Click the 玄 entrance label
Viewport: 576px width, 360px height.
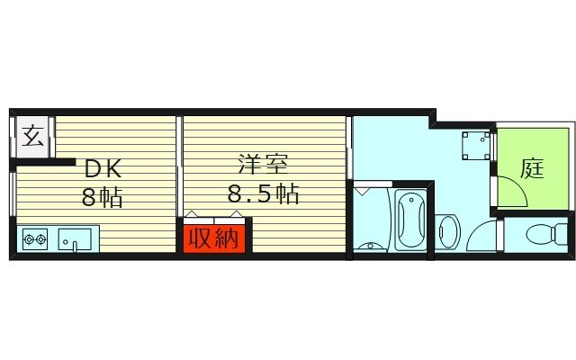tap(32, 139)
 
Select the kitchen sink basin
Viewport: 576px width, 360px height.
tap(74, 240)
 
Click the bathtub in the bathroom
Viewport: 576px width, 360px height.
tap(410, 220)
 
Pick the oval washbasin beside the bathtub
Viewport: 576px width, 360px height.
tap(448, 231)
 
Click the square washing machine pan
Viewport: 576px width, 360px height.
tap(475, 144)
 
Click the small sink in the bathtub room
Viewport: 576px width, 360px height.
tap(369, 245)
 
